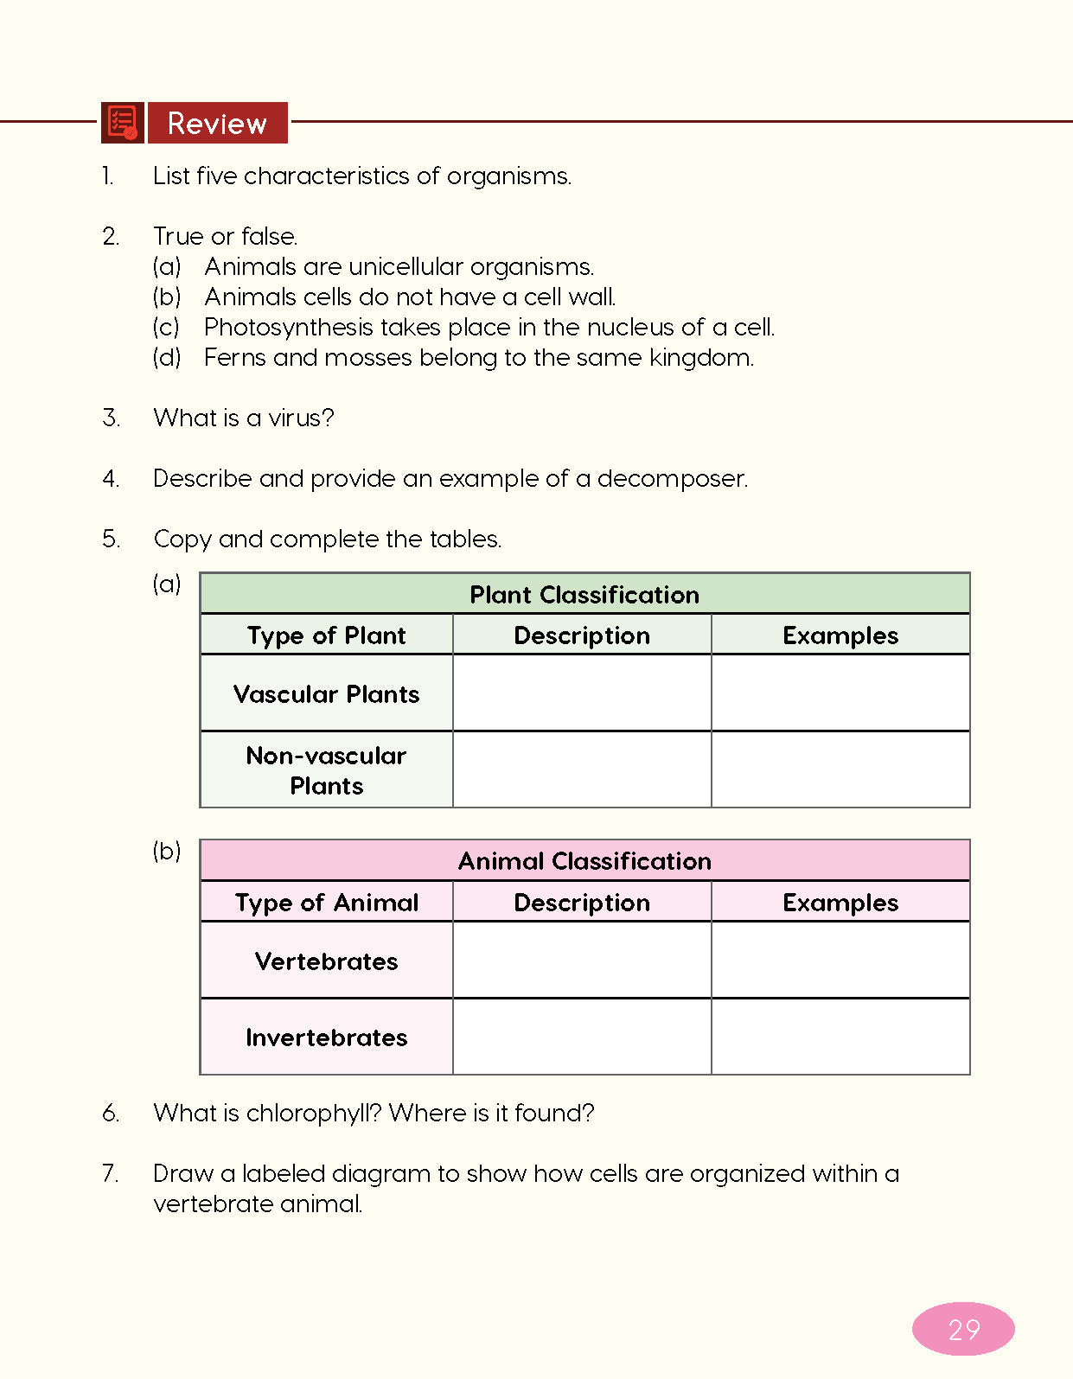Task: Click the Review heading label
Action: click(217, 124)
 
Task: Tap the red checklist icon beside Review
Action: click(122, 123)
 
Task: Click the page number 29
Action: click(963, 1329)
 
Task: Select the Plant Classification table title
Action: click(584, 595)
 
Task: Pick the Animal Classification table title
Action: click(584, 861)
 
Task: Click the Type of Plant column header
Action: click(326, 635)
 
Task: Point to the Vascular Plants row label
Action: click(326, 694)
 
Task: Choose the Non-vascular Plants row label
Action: click(326, 770)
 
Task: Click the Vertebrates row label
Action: click(326, 961)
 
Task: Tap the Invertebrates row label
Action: click(326, 1037)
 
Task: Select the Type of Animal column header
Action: click(326, 903)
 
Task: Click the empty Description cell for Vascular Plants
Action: click(582, 693)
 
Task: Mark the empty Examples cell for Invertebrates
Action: click(840, 1037)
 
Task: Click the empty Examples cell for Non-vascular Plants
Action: click(840, 769)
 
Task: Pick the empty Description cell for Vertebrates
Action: click(582, 961)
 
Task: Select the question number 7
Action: click(110, 1173)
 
